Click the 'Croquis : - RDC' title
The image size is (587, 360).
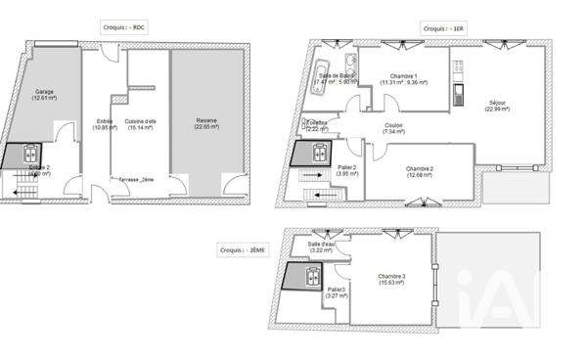coord(124,27)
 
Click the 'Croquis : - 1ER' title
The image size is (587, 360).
coord(445,28)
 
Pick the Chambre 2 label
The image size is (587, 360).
coord(418,172)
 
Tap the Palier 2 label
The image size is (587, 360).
coord(346,170)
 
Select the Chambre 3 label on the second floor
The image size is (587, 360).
coord(390,279)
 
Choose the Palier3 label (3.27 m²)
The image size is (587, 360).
coord(337,292)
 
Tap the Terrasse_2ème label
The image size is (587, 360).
coord(136,180)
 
